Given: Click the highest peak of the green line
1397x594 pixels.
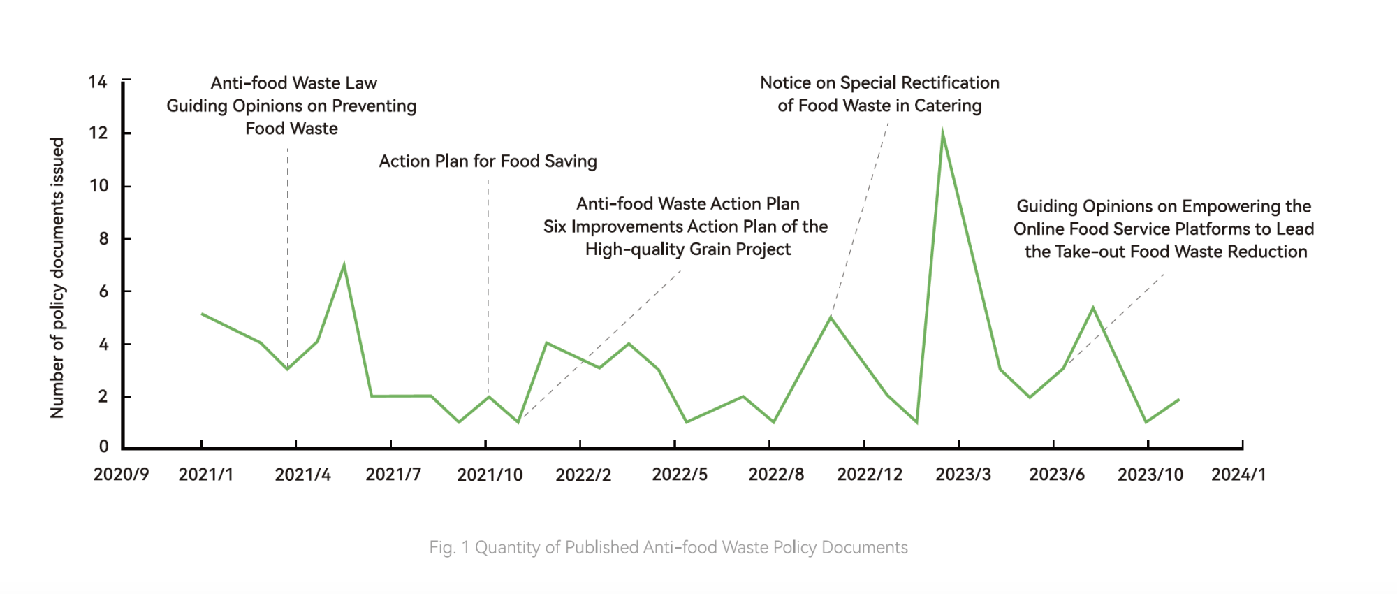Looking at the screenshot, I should pyautogui.click(x=942, y=133).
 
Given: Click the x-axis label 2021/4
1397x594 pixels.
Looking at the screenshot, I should pyautogui.click(x=302, y=475).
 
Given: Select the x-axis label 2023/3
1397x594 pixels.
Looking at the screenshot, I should pyautogui.click(x=963, y=475).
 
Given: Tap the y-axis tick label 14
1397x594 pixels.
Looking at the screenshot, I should pyautogui.click(x=98, y=82).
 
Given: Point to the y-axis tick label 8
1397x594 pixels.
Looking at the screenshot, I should pyautogui.click(x=103, y=239).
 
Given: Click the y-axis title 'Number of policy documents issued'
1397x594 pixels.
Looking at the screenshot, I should pyautogui.click(x=57, y=278).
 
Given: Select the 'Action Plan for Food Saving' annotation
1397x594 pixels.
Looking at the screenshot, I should pyautogui.click(x=488, y=161).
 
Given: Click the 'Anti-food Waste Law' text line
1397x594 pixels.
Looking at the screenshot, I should pyautogui.click(x=293, y=83).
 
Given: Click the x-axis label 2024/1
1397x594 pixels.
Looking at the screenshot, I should pyautogui.click(x=1238, y=475).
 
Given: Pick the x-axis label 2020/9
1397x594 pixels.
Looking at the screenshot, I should pyautogui.click(x=121, y=475).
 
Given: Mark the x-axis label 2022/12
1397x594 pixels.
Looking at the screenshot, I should pyautogui.click(x=870, y=475).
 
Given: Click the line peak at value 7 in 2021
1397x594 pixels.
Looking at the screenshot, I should pyautogui.click(x=344, y=265).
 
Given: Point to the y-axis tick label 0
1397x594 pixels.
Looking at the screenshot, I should pyautogui.click(x=103, y=447).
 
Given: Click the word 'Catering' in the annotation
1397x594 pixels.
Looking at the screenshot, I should pyautogui.click(x=948, y=106).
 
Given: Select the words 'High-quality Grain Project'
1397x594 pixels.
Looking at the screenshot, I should pyautogui.click(x=688, y=249).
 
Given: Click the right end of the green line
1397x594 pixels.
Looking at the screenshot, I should pyautogui.click(x=1178, y=400).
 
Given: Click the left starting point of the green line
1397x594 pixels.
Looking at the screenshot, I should pyautogui.click(x=202, y=314).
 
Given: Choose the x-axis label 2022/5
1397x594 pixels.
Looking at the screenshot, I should pyautogui.click(x=680, y=475).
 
